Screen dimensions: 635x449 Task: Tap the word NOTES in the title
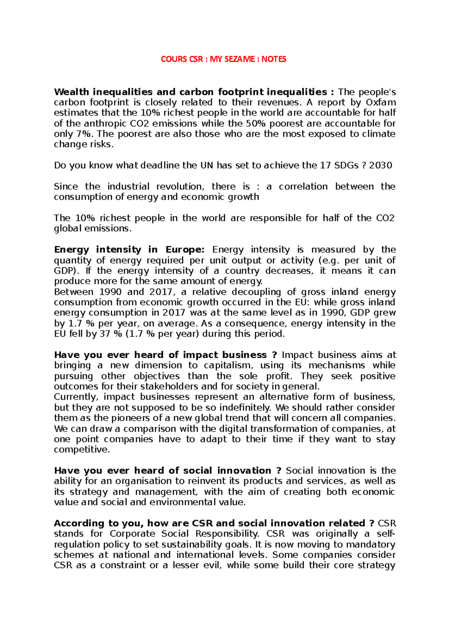274,59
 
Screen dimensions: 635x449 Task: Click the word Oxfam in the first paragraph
381,102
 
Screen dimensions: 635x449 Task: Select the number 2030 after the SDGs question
381,165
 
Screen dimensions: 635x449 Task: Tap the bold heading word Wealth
71,92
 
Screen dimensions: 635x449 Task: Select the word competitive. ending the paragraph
82,450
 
